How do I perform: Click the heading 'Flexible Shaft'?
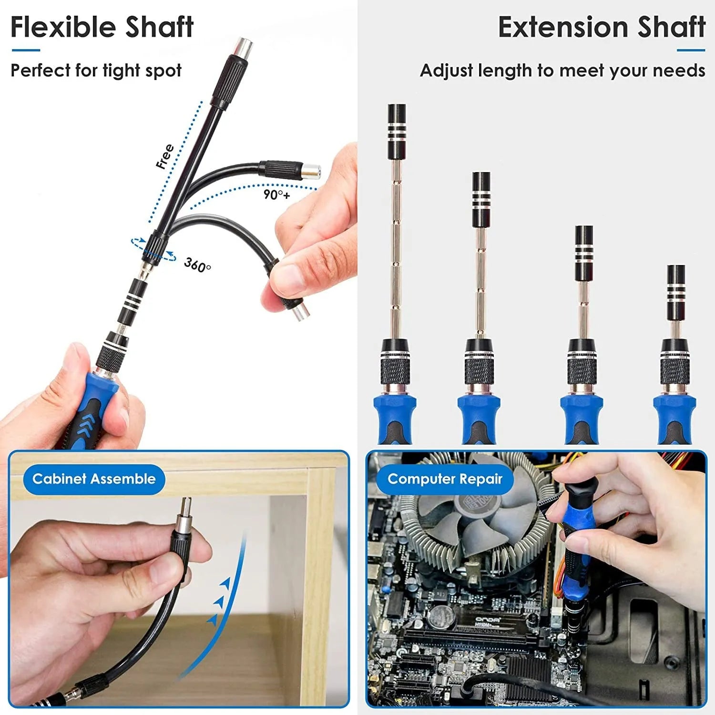(x=102, y=27)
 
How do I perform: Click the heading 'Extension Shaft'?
(x=601, y=27)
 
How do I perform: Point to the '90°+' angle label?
(x=276, y=194)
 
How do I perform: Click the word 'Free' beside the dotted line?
(x=165, y=156)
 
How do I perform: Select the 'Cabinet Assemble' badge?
(x=94, y=479)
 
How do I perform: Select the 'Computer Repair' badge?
(x=445, y=479)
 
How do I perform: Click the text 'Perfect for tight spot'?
(x=96, y=71)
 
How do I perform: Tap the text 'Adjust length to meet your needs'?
(x=562, y=71)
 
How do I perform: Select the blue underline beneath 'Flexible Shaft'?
(x=26, y=50)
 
